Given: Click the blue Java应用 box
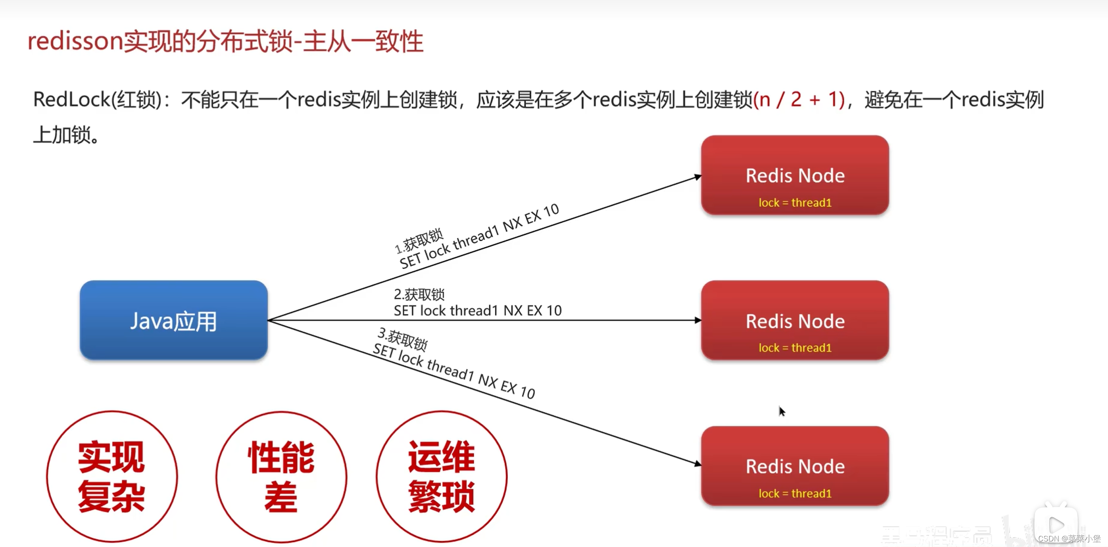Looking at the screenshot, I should point(174,320).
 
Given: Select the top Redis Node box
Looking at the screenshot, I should point(795,175).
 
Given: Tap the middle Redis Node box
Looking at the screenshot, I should point(795,320).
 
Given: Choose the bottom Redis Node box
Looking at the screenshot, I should point(795,466).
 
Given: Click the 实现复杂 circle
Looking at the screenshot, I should point(112,476).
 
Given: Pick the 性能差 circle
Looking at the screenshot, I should point(281,476).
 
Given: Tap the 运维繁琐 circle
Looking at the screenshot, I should point(441,476).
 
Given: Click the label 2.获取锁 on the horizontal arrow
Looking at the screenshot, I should point(419,294).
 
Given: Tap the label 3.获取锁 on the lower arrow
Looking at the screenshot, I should point(403,339).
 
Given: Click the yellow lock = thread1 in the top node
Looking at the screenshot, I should point(795,203).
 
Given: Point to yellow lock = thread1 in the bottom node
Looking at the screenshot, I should point(795,493).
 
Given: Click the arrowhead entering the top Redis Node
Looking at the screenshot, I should point(697,177).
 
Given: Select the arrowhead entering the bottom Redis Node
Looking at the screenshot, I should point(697,464).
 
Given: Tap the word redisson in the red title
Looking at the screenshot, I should point(75,41).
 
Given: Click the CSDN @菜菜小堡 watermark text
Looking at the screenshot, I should point(1069,538).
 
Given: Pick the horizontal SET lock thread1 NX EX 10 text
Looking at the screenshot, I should point(478,311).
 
